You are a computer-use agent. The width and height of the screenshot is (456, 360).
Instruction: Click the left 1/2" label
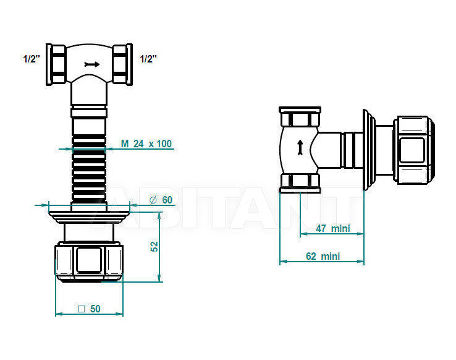tap(31, 59)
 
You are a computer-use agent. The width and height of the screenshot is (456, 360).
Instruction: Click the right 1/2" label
tap(148, 59)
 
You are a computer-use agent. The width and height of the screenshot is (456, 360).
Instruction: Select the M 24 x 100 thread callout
tap(146, 144)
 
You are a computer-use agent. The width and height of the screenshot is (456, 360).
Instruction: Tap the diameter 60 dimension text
tap(161, 200)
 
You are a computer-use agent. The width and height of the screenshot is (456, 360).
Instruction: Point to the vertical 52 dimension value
tap(154, 247)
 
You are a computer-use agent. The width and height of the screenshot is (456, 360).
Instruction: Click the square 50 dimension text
tap(89, 309)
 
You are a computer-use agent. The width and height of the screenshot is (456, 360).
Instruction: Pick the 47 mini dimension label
tap(332, 228)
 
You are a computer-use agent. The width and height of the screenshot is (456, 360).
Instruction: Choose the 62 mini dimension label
tap(323, 256)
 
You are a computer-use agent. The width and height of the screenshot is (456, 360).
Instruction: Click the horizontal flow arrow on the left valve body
tap(92, 64)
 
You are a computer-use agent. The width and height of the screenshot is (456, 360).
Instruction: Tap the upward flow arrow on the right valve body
tap(300, 147)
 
